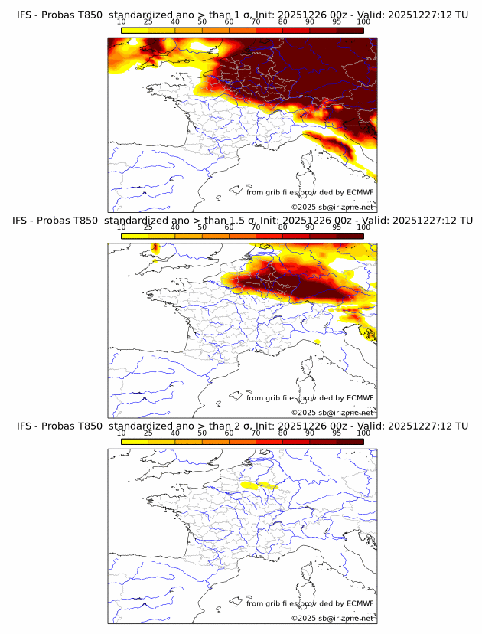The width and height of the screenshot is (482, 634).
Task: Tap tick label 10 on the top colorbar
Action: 122,22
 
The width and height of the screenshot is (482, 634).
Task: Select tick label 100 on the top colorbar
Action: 363,22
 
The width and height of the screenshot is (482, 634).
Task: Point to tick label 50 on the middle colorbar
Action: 202,227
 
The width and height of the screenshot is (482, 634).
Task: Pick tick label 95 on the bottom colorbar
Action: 337,433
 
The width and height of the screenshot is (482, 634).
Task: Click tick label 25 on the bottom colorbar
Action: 148,433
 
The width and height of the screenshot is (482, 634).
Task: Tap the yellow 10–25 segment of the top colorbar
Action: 135,31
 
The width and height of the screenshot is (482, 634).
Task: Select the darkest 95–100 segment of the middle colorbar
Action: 350,236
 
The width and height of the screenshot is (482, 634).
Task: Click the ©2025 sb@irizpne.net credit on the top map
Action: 332,208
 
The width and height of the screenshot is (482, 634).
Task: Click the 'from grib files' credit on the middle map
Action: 309,398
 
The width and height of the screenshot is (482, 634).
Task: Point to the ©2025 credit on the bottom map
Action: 332,619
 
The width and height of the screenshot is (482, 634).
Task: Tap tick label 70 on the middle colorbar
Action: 256,227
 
